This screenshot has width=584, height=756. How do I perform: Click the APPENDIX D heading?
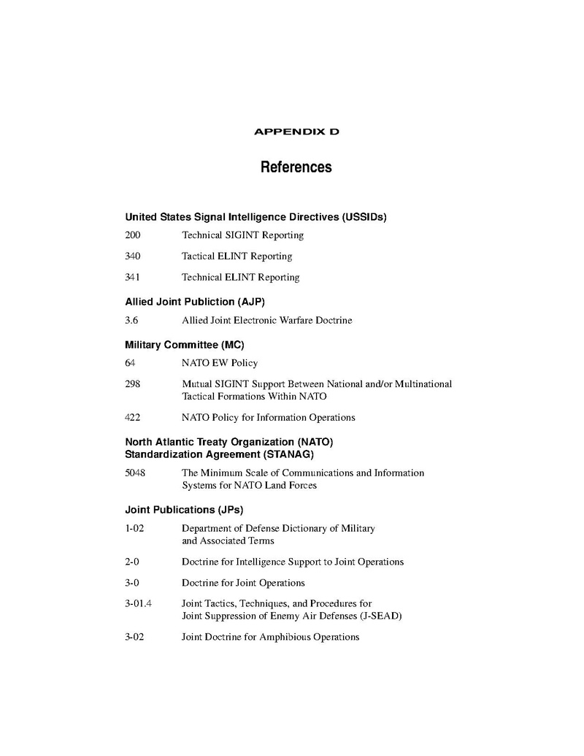[296, 132]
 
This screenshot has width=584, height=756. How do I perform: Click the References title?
[296, 167]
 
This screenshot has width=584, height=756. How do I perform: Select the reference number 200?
[132, 235]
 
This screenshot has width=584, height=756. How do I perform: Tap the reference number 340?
[132, 256]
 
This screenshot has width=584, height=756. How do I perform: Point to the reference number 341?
[132, 278]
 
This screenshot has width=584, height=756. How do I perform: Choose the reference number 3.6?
[131, 321]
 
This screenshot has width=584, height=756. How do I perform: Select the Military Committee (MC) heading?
[185, 345]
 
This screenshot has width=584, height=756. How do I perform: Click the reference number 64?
[130, 363]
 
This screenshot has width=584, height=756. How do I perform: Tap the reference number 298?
[132, 384]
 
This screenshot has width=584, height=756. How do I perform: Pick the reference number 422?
[132, 418]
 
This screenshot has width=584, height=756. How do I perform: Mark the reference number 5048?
[135, 473]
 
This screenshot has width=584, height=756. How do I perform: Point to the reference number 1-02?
[134, 528]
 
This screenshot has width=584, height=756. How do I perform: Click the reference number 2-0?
[132, 562]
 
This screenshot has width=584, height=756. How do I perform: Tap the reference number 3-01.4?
[139, 604]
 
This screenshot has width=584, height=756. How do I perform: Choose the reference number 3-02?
[134, 637]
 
